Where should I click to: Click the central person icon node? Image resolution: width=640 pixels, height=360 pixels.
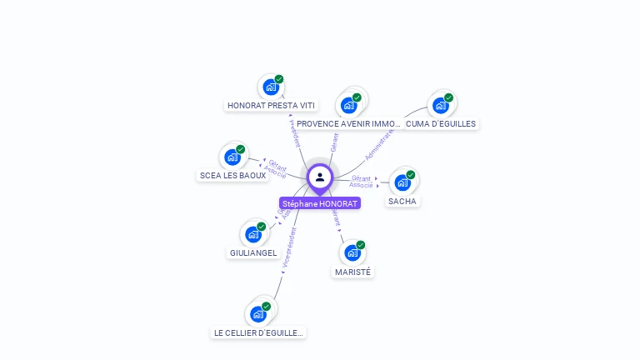[320, 177]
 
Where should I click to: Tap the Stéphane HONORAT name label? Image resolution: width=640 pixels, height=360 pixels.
[320, 203]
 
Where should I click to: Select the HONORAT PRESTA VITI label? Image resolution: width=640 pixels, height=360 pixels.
[272, 106]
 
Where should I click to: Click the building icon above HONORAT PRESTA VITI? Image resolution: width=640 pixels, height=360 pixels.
[271, 86]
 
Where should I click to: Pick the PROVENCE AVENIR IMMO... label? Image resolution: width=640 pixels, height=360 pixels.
[348, 124]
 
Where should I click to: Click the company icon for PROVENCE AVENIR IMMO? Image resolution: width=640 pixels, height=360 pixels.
[348, 105]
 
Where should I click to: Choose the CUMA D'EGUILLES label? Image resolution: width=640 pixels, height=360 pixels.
[441, 124]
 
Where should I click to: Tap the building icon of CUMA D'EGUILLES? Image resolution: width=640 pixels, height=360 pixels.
[440, 105]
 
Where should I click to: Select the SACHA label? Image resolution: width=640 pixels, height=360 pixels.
[402, 202]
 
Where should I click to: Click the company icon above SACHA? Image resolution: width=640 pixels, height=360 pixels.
[402, 182]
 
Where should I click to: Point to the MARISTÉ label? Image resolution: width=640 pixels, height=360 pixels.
[352, 272]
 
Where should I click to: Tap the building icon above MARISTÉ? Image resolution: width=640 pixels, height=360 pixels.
[352, 252]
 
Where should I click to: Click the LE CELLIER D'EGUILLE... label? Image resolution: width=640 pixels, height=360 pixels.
[258, 333]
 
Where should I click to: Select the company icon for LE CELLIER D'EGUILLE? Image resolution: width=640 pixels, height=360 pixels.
[258, 314]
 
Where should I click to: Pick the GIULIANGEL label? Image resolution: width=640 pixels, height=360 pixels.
[253, 253]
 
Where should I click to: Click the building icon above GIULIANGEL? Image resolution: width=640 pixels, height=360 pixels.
[253, 234]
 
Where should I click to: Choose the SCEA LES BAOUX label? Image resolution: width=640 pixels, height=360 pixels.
[232, 176]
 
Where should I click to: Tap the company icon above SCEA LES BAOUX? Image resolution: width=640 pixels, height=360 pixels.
[232, 157]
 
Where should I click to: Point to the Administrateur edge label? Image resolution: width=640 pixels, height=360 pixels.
[379, 145]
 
